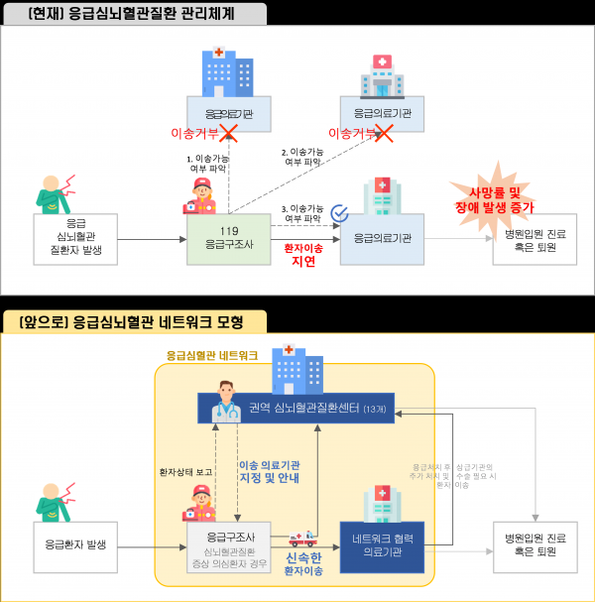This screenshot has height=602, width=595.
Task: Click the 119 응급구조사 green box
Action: (x=229, y=238)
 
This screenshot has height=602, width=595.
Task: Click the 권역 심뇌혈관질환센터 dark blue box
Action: (x=296, y=409)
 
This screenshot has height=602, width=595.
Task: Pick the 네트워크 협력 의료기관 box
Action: (x=382, y=546)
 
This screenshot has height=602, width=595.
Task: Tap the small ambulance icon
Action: (x=301, y=539)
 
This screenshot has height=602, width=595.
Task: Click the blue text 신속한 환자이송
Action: (x=303, y=563)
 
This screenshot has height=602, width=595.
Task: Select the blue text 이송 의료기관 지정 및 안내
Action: (x=269, y=470)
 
